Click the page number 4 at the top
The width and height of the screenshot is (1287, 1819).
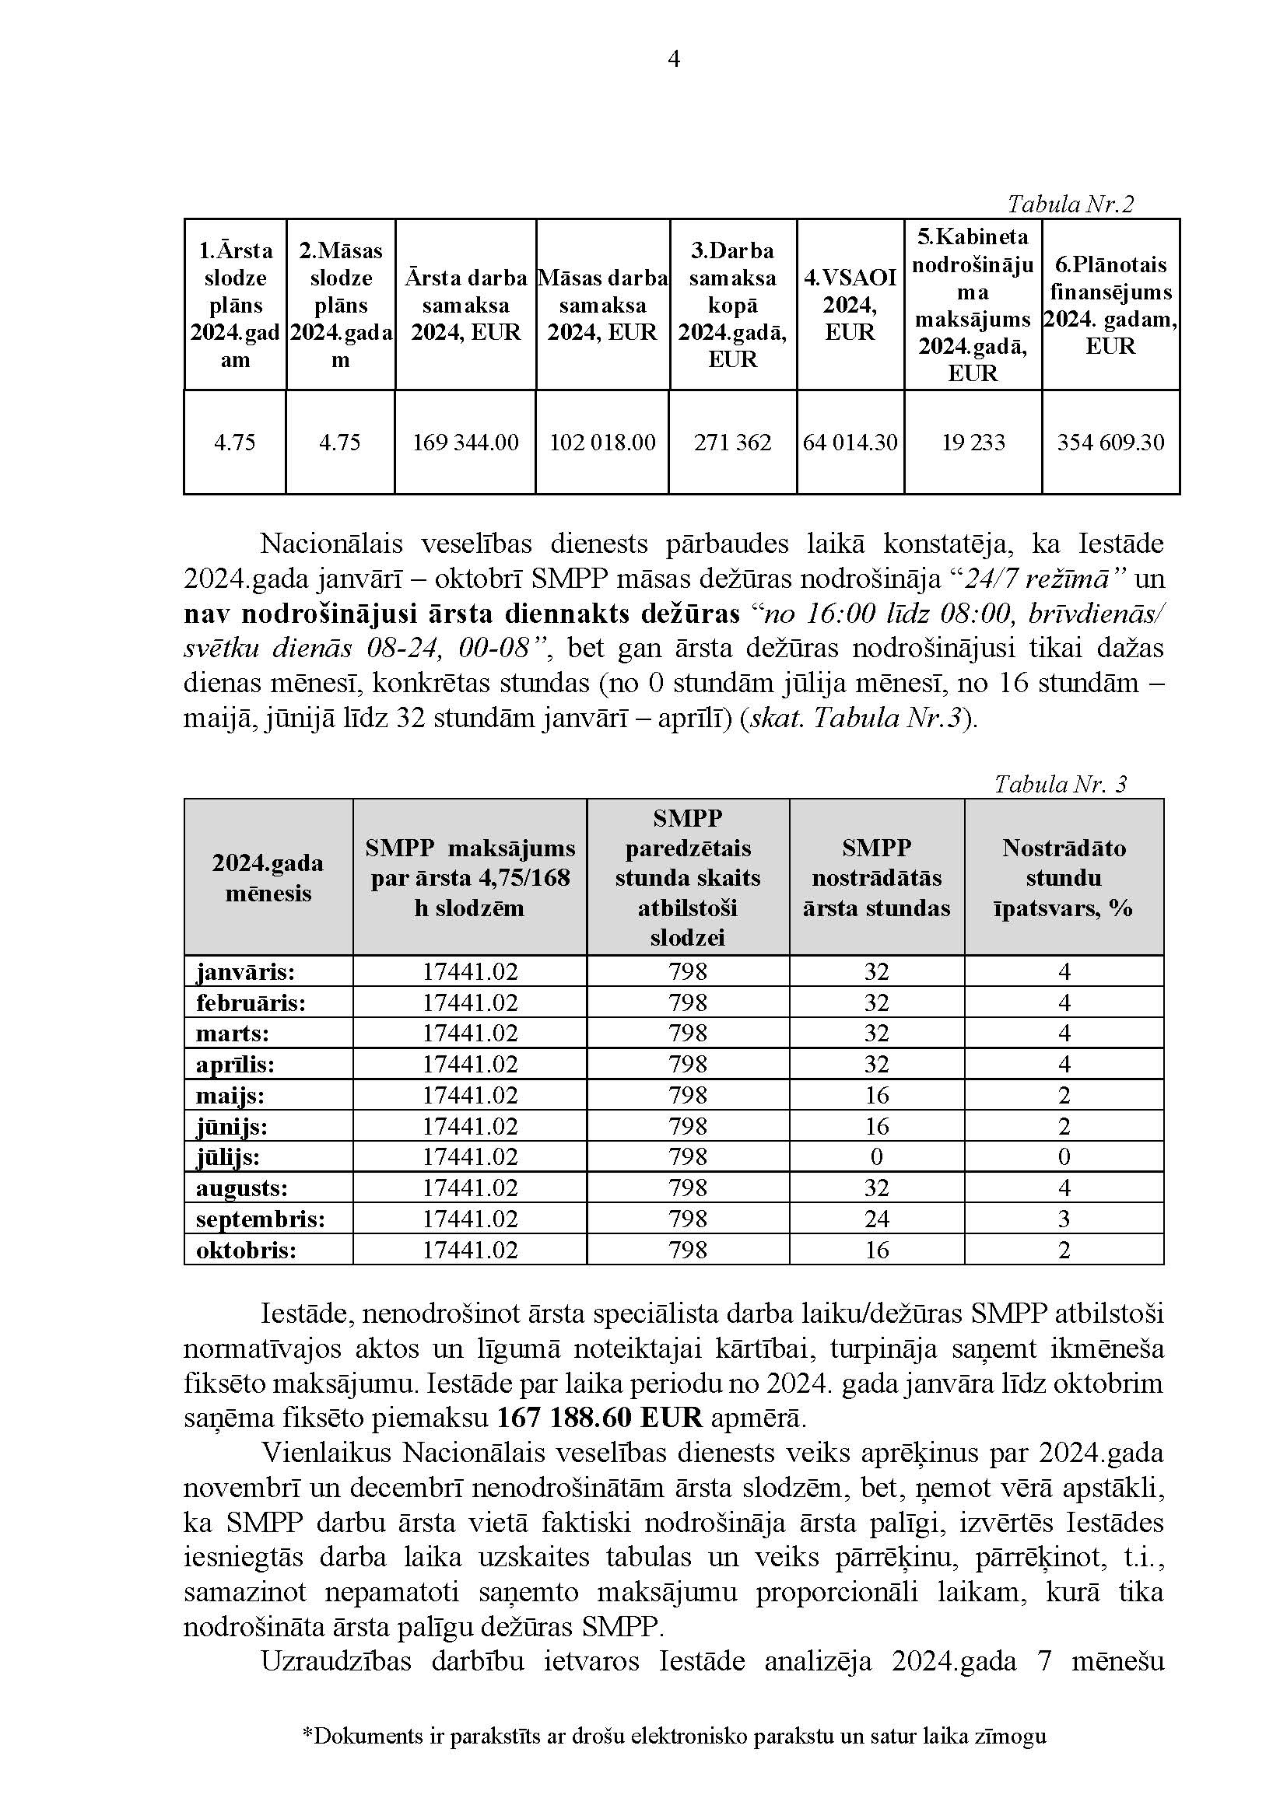674,59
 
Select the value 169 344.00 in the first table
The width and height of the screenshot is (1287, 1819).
465,442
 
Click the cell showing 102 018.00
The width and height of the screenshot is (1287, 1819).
602,442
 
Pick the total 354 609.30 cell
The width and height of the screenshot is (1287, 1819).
1110,442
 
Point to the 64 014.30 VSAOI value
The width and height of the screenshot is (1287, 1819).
850,442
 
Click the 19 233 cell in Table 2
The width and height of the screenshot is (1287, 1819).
973,442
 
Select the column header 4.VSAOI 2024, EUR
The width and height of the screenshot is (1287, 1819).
850,305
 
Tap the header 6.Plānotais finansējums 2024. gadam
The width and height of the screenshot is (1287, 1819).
1110,305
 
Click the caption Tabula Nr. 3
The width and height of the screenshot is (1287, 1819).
1061,785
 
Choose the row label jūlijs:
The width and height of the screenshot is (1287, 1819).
228,1157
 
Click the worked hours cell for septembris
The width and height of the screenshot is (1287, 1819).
876,1219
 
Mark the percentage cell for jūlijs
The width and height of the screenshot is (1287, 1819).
1064,1157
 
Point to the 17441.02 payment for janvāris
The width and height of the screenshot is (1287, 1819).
469,971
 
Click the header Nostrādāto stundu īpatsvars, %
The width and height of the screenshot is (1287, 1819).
1064,878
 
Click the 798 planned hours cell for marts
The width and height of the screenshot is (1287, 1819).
687,1033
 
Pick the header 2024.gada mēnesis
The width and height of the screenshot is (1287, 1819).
268,878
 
